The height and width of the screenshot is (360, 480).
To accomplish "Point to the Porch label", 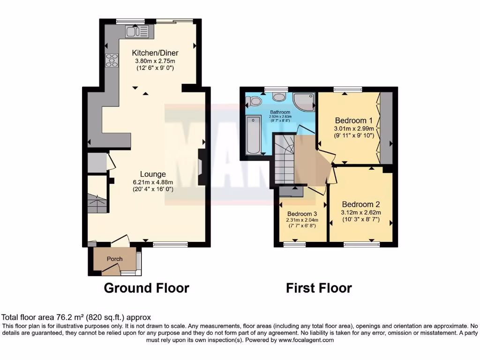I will tap(115, 259).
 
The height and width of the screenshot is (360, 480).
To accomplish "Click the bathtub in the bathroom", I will tap(254, 135).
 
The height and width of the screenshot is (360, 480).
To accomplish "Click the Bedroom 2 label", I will tap(360, 204).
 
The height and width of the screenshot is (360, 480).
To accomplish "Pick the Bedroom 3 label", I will tap(302, 212).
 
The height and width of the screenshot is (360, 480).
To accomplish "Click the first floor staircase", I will tap(285, 159).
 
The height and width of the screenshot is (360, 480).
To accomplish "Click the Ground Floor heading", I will tap(146, 288).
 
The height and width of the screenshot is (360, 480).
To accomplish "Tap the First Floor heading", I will tap(319, 288).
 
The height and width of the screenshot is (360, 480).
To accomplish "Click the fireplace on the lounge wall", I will tap(201, 167).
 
